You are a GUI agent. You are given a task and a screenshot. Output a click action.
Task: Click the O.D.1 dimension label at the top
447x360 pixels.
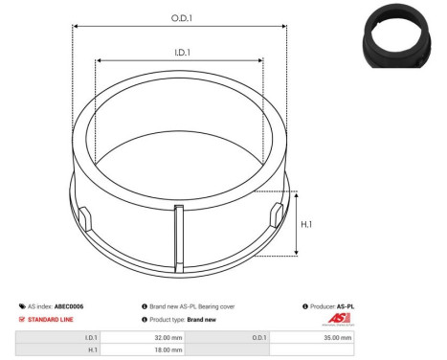[x=180, y=17]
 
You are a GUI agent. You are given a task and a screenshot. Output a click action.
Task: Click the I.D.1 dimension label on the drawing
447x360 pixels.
[x=179, y=55]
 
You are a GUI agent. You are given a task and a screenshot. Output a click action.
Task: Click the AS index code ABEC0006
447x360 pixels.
[x=68, y=306]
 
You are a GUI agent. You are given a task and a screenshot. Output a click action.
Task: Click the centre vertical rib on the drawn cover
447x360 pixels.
[x=178, y=235]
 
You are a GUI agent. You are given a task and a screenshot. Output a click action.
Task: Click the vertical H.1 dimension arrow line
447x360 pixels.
[x=299, y=223]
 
